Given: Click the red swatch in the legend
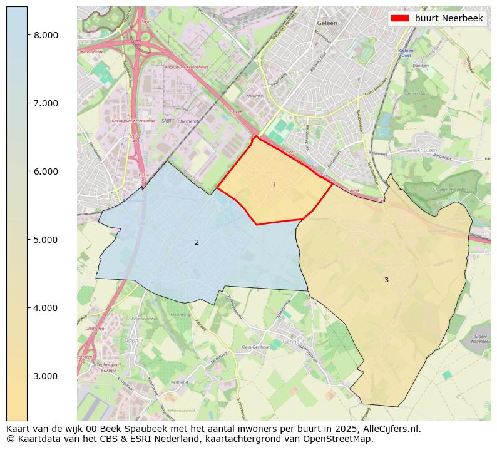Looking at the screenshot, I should (x=399, y=18).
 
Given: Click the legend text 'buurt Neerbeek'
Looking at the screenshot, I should (x=449, y=18).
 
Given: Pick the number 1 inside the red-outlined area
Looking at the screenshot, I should (x=274, y=185).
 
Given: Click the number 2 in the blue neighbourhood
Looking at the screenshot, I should (x=197, y=243).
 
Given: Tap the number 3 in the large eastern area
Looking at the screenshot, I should (x=386, y=280).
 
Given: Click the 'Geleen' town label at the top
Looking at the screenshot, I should (x=327, y=23).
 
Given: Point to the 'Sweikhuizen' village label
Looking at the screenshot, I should (x=420, y=151).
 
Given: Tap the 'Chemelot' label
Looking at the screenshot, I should (x=188, y=121).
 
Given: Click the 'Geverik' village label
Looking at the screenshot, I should (x=134, y=340).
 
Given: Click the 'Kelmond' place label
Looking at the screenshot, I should (x=179, y=382).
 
